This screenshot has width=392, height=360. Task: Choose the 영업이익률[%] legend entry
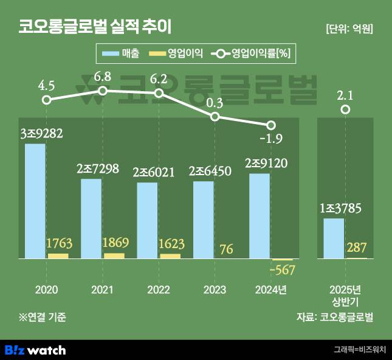(x=252, y=54)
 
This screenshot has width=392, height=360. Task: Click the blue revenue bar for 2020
(x=35, y=201)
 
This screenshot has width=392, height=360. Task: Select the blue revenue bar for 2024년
(x=260, y=216)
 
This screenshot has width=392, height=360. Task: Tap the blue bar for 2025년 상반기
(x=334, y=238)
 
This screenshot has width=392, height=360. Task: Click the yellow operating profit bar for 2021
(x=114, y=255)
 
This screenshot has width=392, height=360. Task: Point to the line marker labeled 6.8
(x=103, y=91)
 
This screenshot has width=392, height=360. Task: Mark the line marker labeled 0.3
(x=215, y=116)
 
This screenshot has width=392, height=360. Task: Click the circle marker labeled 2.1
(x=345, y=109)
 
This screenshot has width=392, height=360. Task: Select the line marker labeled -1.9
(x=271, y=125)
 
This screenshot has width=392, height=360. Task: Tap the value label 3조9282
(x=41, y=133)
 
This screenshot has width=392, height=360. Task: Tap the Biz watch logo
(x=35, y=350)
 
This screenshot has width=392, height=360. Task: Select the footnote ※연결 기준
(x=42, y=316)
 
